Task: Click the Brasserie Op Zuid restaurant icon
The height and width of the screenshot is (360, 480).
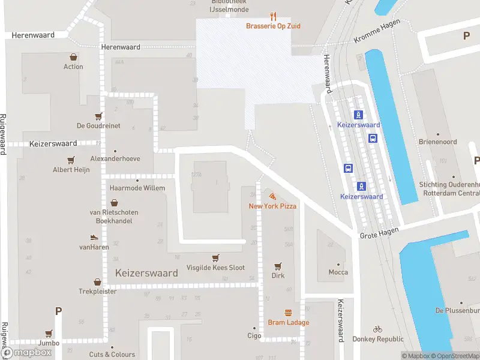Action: pyautogui.click(x=273, y=16)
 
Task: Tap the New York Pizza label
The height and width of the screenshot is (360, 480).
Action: pyautogui.click(x=273, y=206)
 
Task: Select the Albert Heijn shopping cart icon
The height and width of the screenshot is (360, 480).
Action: pyautogui.click(x=71, y=160)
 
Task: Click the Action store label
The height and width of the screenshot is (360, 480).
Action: pyautogui.click(x=73, y=67)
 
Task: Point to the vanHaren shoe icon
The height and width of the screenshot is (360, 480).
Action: pyautogui.click(x=94, y=238)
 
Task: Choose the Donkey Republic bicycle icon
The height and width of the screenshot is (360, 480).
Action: pyautogui.click(x=377, y=329)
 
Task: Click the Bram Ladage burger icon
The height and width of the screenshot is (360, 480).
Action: pyautogui.click(x=289, y=313)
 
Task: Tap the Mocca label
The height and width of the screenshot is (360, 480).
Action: pyautogui.click(x=338, y=272)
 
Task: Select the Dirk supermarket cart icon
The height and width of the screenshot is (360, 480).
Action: pyautogui.click(x=278, y=266)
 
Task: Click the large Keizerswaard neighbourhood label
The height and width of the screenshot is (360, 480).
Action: pyautogui.click(x=146, y=273)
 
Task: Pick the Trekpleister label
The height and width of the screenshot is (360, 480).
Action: pyautogui.click(x=97, y=292)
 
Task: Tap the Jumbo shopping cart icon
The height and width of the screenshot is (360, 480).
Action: pyautogui.click(x=49, y=334)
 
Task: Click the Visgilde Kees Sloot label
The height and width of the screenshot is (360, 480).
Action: pyautogui.click(x=215, y=268)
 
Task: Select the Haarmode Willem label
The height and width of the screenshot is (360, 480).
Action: pyautogui.click(x=137, y=188)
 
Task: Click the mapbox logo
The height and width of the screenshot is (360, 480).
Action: pyautogui.click(x=27, y=352)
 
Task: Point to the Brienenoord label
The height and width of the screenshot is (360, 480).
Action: pyautogui.click(x=438, y=142)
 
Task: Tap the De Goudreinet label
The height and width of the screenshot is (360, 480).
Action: pyautogui.click(x=98, y=126)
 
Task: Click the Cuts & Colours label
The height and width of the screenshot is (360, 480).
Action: pyautogui.click(x=112, y=355)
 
